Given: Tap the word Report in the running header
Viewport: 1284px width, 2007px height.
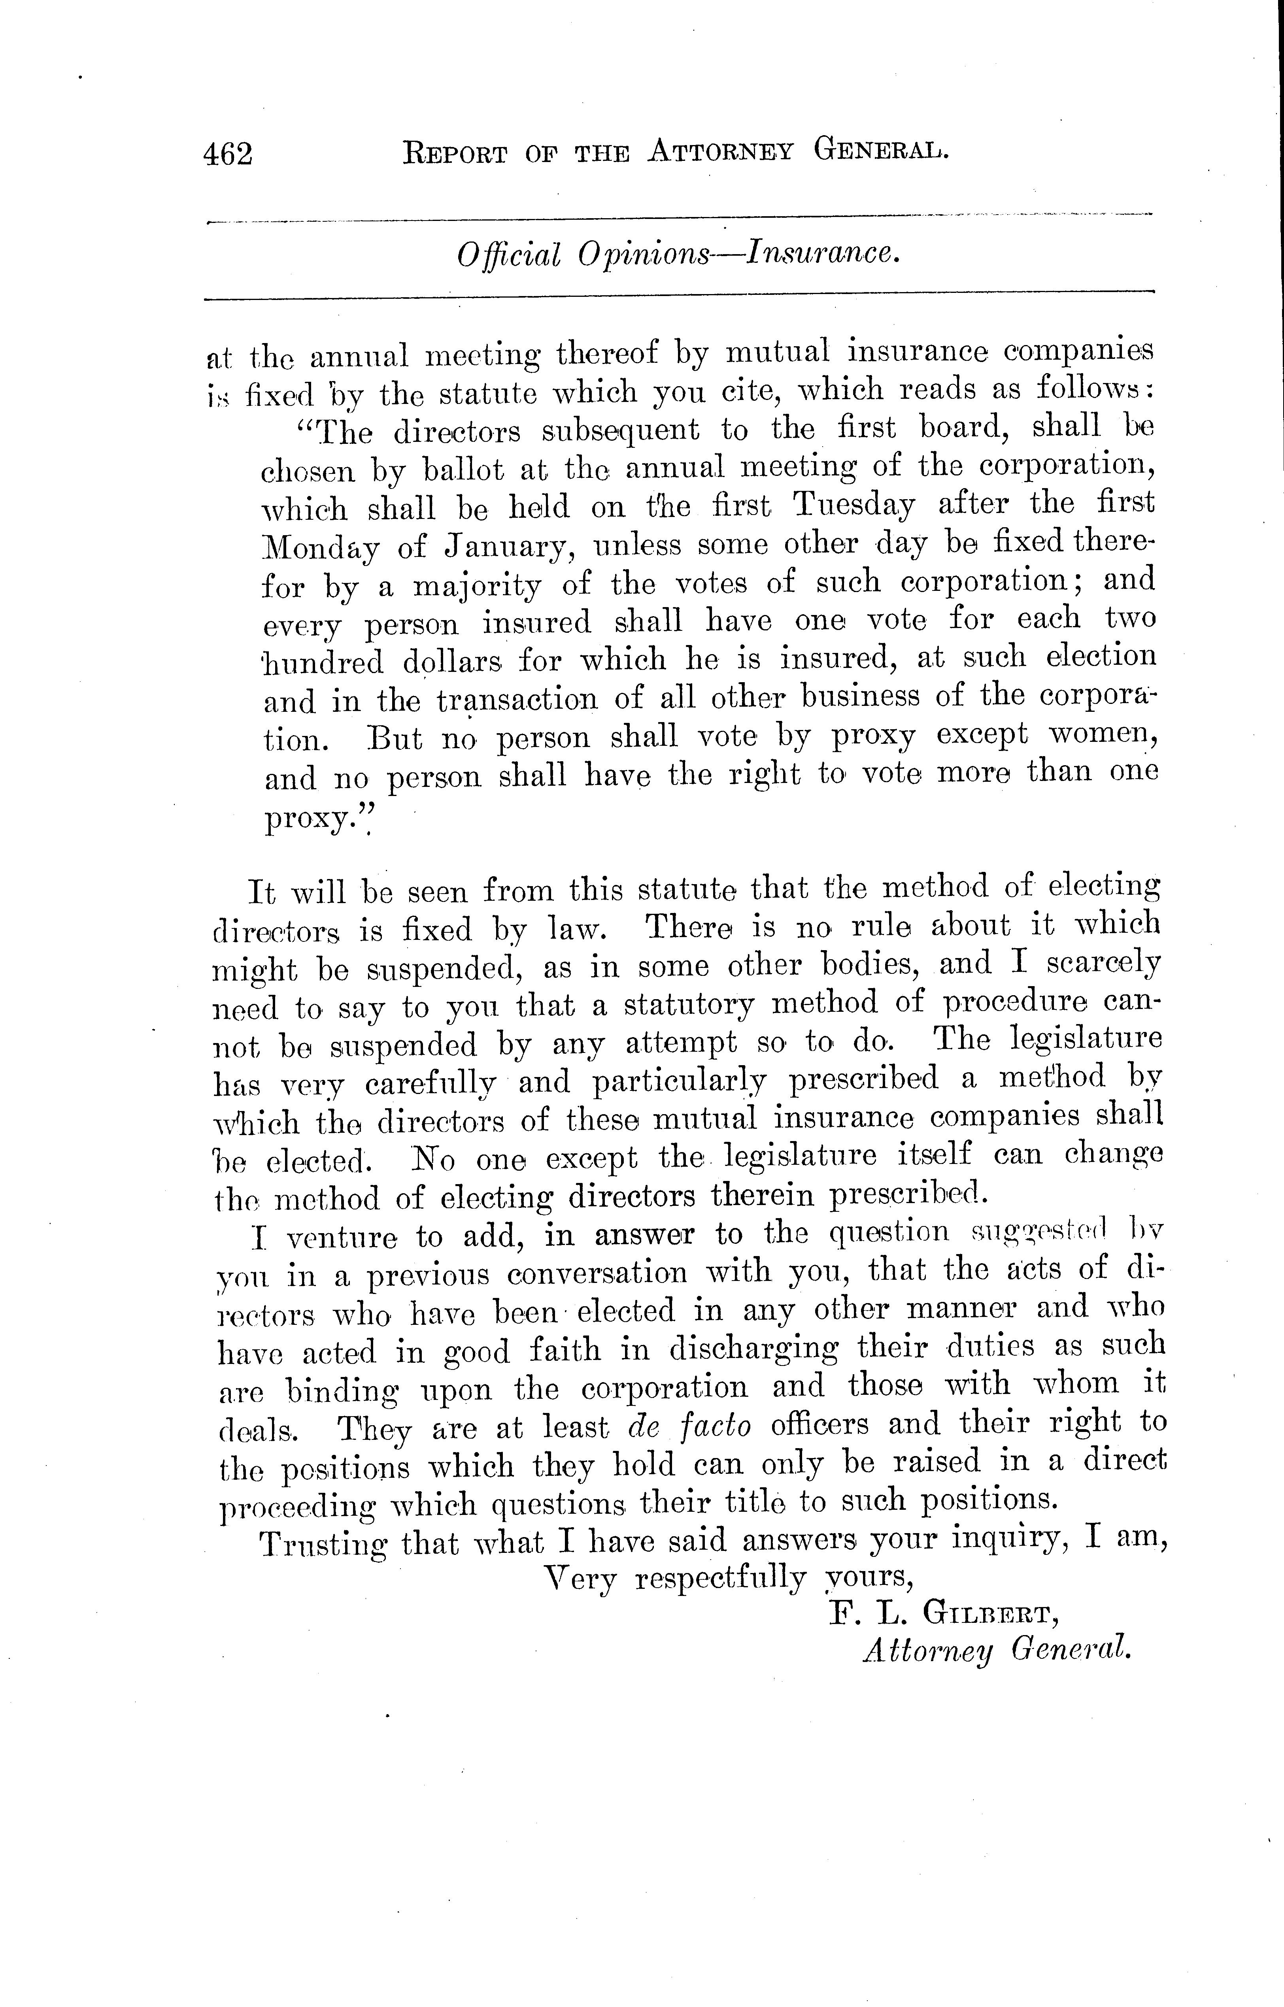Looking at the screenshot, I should point(454,153).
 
